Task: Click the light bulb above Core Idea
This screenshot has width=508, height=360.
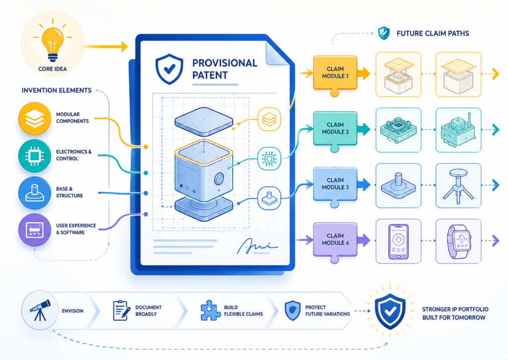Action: [x=53, y=44]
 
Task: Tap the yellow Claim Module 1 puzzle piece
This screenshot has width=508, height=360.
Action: [x=335, y=73]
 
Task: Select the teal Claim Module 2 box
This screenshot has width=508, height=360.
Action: [x=335, y=129]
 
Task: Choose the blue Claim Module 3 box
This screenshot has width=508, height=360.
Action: [x=335, y=185]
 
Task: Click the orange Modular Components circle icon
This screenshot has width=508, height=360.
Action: [x=35, y=118]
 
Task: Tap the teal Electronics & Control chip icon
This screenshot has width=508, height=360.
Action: [x=35, y=156]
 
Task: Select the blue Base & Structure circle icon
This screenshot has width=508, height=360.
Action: [x=35, y=193]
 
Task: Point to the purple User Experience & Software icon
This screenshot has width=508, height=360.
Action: [x=35, y=229]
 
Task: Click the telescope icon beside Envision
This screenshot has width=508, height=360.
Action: [x=40, y=310]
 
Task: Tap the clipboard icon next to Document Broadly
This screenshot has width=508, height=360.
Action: [x=122, y=310]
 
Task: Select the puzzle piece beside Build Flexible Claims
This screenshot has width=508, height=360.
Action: [x=210, y=310]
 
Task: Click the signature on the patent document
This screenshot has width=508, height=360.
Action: [x=256, y=246]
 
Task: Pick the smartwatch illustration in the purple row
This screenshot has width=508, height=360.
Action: [x=458, y=241]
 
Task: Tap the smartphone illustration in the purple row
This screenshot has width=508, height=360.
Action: [x=398, y=241]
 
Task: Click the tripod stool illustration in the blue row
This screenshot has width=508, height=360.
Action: [x=458, y=186]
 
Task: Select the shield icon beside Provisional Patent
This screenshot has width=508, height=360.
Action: [x=169, y=69]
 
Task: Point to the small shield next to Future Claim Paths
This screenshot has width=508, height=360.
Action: [x=384, y=33]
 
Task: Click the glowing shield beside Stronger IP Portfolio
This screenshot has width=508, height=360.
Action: [x=390, y=311]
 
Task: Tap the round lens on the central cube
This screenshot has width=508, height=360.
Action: [x=219, y=179]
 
